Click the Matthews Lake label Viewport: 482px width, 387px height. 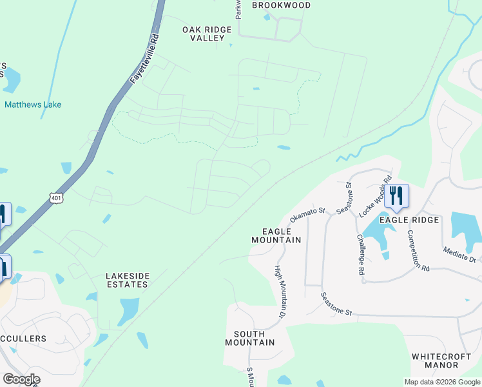point(33,104)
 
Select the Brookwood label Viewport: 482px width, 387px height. point(281,5)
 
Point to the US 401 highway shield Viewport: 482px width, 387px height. point(57,198)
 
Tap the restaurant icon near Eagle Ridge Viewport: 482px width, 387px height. point(396,196)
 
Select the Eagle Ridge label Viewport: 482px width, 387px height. point(409,220)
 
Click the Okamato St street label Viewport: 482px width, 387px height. point(308,212)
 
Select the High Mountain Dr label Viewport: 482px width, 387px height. point(280,291)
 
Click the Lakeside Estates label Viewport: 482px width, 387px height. point(128,280)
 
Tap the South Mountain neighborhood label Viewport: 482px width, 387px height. point(250,338)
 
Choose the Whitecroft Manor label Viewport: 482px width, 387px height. point(444,361)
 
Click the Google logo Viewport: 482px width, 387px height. point(21,379)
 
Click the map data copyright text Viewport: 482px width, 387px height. point(441,382)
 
